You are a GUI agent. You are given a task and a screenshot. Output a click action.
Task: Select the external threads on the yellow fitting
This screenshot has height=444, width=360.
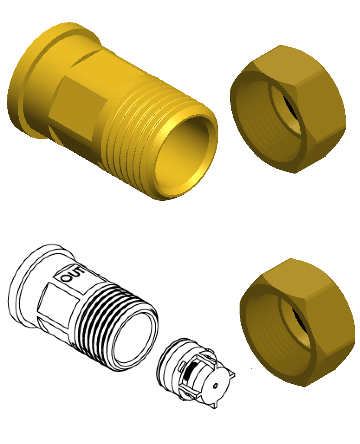[x=130, y=130]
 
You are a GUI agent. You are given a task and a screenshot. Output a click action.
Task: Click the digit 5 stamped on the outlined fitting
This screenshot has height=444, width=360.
[x=78, y=272]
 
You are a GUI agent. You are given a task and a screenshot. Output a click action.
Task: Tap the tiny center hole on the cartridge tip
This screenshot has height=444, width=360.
[x=215, y=385]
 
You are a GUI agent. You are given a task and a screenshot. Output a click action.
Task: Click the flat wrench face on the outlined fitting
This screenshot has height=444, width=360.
[x=56, y=303]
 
